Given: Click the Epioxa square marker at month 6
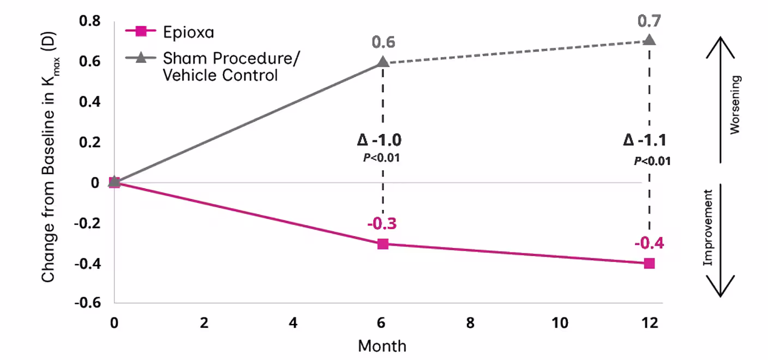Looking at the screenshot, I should pyautogui.click(x=383, y=244).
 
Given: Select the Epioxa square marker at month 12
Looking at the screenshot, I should pyautogui.click(x=649, y=263).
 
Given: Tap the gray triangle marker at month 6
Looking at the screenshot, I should pyautogui.click(x=383, y=62).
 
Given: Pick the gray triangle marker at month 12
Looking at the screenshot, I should pyautogui.click(x=649, y=40).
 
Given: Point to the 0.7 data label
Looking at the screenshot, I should pyautogui.click(x=649, y=21).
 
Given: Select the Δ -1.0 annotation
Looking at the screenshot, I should pyautogui.click(x=380, y=140).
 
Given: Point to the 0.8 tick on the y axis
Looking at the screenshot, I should pyautogui.click(x=89, y=22).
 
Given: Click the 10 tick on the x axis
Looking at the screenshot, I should pyautogui.click(x=560, y=323).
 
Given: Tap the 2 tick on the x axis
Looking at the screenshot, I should pyautogui.click(x=204, y=323).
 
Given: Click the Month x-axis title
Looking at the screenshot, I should pyautogui.click(x=382, y=346).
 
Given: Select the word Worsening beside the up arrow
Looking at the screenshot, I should pyautogui.click(x=736, y=105).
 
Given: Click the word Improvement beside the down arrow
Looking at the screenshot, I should pyautogui.click(x=708, y=227).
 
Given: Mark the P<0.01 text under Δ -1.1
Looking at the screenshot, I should pyautogui.click(x=652, y=161).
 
